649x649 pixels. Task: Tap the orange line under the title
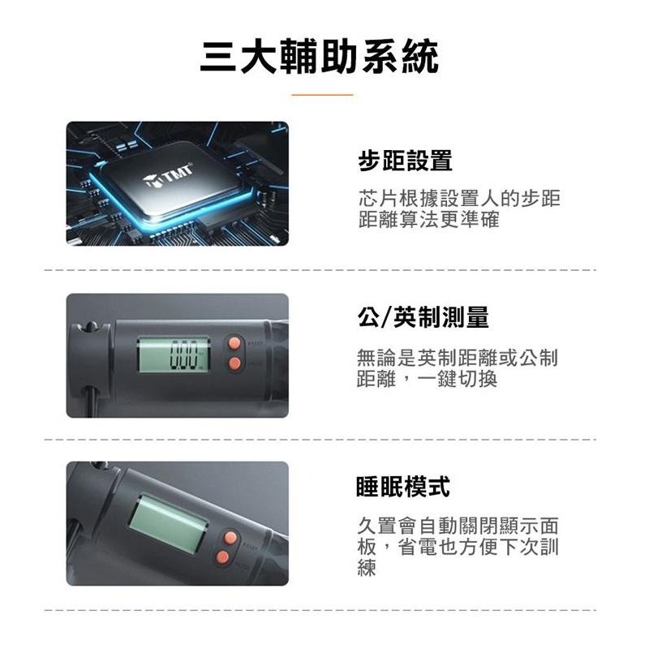coord(322,95)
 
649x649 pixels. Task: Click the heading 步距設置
coord(405,161)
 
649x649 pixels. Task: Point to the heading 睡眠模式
coord(403,487)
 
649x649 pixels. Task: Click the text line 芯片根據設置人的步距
coord(458,200)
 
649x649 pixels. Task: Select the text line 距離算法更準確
coord(429,220)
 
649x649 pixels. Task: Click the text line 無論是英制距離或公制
coord(458,359)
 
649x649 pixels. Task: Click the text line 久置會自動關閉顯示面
coord(458,527)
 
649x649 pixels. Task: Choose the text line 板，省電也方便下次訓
coord(458,548)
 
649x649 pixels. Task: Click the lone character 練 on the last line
coord(367,569)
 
